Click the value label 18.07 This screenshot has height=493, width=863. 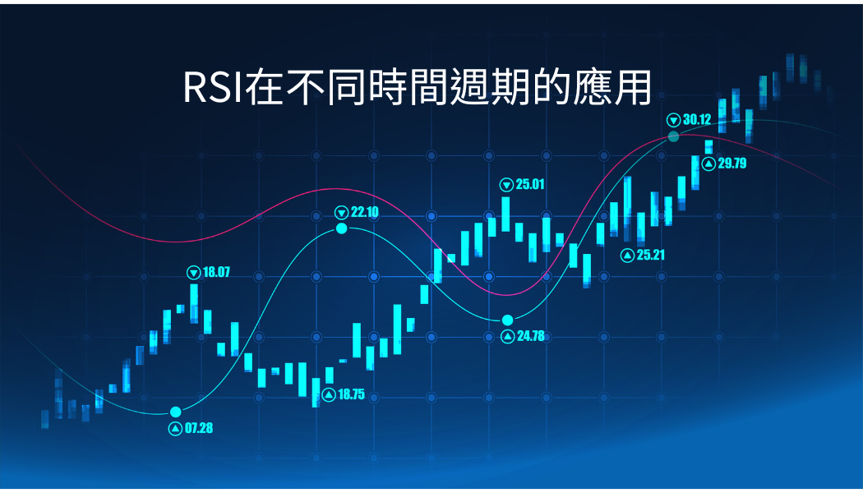pos(216,272)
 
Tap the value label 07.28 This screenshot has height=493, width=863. pos(199,428)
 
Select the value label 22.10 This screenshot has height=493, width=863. pos(364,212)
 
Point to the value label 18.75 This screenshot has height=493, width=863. pos(351,394)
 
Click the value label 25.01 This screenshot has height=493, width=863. pos(530,184)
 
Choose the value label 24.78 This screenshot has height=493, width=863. pos(531,335)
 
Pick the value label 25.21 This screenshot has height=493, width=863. pos(651,255)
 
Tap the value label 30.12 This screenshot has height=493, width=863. pos(697,119)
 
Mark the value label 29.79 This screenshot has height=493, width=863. pos(732,164)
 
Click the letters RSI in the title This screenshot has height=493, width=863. pos(213,87)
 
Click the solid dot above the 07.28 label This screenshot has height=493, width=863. pos(176,412)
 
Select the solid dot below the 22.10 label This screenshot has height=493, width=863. pos(342,228)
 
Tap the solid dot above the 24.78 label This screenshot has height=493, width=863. pos(507,320)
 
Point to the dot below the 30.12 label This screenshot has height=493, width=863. pos(674,136)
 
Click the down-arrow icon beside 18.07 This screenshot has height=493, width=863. pos(194,272)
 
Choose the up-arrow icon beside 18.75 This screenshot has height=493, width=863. pos(329,394)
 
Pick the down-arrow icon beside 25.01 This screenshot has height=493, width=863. pos(506,185)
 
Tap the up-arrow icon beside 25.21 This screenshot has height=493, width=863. pos(627,256)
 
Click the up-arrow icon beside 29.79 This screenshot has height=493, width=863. pos(708,164)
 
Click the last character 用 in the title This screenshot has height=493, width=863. pos(633,87)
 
